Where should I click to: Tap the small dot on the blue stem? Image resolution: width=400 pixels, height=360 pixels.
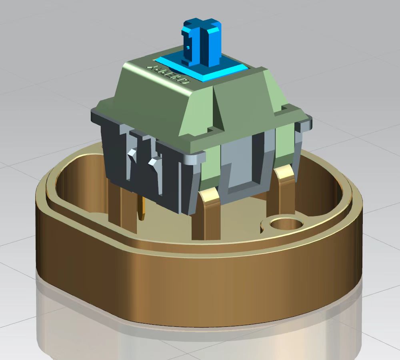coord(188,47)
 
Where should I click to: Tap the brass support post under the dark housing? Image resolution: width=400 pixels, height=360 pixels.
coord(120,204)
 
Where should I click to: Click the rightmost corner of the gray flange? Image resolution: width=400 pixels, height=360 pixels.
coord(308,120)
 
